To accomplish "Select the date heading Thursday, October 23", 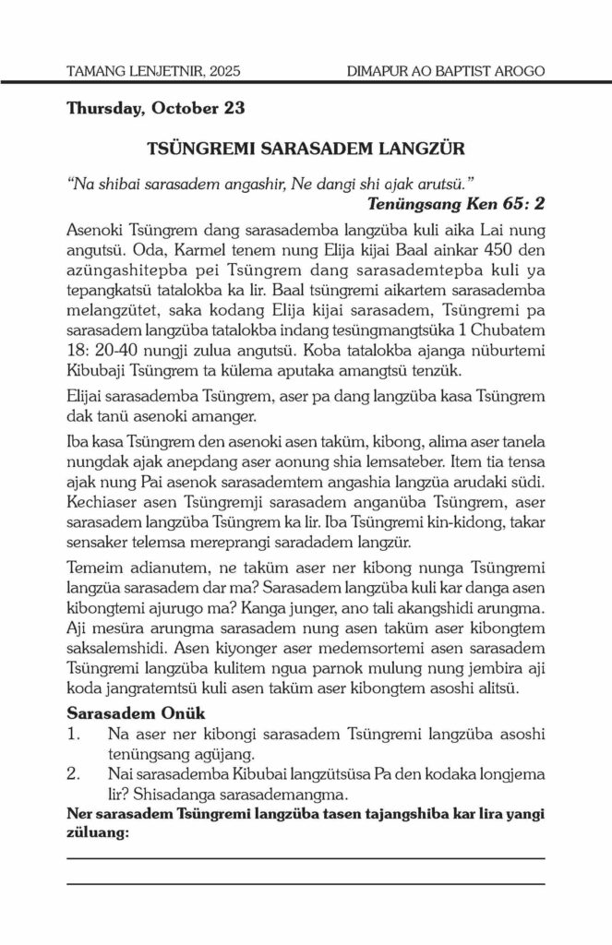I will pyautogui.click(x=155, y=108).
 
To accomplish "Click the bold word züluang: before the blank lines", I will pyautogui.click(x=98, y=831).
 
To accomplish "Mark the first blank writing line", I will pyautogui.click(x=306, y=858).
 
